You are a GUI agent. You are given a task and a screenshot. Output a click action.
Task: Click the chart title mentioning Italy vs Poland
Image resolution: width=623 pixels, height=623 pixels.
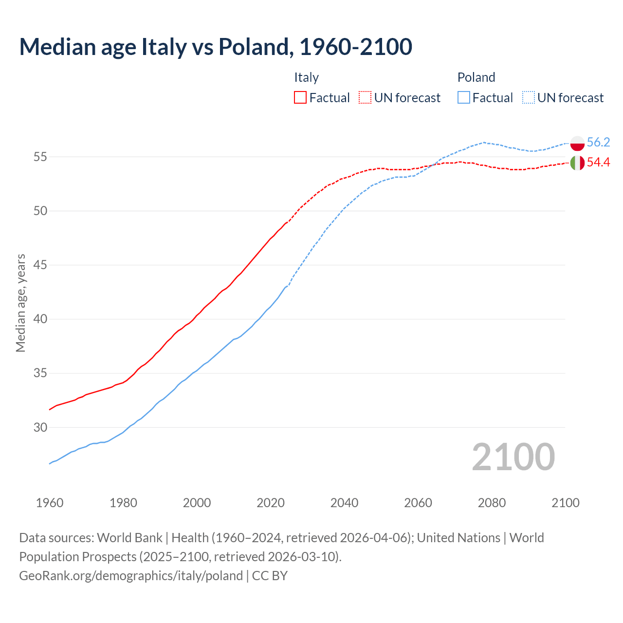coord(216,47)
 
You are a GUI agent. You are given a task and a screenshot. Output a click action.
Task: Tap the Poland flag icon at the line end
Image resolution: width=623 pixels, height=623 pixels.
coord(577,143)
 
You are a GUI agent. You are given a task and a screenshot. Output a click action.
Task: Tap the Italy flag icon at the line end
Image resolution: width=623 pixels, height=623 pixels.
coord(577,163)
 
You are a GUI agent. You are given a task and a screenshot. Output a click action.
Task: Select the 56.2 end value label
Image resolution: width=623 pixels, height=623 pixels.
coord(598,142)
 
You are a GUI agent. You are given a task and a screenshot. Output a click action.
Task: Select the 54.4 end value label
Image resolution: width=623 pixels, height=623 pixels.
coord(598,163)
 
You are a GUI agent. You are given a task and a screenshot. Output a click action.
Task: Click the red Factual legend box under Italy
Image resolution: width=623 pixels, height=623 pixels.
coord(300,98)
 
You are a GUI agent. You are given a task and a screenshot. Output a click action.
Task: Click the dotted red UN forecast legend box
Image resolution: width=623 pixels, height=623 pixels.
coord(365,98)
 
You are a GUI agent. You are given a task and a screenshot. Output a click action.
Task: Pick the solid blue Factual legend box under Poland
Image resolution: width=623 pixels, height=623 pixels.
coord(464,98)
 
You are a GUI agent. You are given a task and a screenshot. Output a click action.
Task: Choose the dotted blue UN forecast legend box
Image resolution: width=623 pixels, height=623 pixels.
coord(528,98)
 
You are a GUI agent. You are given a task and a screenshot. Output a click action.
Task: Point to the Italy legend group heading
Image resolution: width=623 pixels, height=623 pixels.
coord(306,77)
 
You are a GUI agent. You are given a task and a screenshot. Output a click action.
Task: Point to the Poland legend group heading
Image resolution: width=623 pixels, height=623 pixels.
coord(476,77)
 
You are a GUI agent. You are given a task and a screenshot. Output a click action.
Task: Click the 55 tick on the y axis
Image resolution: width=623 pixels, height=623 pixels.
coord(40,157)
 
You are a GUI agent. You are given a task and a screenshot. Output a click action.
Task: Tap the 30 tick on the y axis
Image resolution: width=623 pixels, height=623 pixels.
coord(40,427)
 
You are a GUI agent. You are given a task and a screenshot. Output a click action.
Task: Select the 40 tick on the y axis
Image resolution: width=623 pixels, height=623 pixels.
coord(40,319)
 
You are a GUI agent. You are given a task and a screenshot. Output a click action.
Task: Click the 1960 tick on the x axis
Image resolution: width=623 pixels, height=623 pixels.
coord(50,503)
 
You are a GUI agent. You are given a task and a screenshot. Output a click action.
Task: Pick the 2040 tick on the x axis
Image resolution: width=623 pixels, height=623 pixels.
coord(344,503)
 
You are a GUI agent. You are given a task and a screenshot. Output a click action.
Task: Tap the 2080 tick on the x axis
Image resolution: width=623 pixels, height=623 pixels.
coord(492,503)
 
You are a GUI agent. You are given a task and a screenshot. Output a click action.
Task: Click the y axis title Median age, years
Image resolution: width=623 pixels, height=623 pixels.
coord(20,303)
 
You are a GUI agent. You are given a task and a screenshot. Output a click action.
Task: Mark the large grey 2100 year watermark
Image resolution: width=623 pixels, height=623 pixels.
coord(513,457)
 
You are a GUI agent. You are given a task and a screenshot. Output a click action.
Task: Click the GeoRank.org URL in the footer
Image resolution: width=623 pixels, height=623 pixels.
coord(131,576)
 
